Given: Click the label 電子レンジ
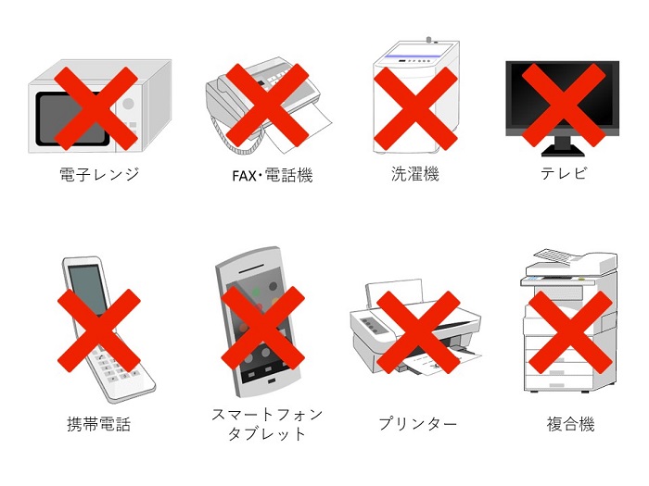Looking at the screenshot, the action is pos(99,174).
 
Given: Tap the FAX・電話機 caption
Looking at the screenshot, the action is pos(273,176).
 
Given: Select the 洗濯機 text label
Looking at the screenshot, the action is pos(414,174).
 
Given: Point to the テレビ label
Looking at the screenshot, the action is pos(564,173).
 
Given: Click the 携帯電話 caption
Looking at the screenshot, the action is pos(99,424).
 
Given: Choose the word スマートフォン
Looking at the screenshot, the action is pos(267,415).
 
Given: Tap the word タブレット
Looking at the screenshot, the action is pos(267,434).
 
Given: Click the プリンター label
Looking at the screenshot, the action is pos(418,424).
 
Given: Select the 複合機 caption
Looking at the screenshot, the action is pos(571,424).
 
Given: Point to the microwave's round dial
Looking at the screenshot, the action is pos(128,104).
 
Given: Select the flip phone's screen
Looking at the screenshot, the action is pos(87,289).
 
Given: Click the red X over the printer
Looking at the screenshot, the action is pos(418,332).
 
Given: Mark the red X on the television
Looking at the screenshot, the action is pos(564,105).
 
